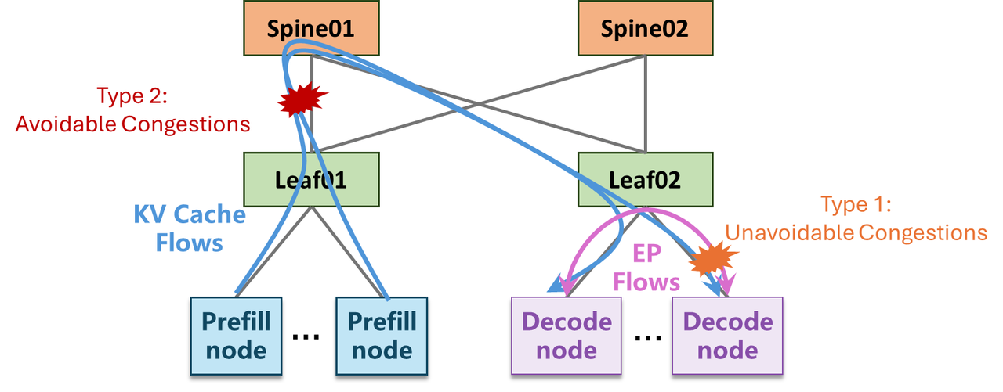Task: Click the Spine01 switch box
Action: point(311,28)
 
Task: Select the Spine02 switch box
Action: point(645,28)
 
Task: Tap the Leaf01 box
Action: point(311,180)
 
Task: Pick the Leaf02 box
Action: point(645,180)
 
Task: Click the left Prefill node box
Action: point(236,336)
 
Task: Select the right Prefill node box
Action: point(382,336)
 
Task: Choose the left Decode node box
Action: point(567,336)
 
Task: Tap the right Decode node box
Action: point(728,336)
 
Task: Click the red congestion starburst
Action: point(301,99)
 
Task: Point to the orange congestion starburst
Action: point(713,258)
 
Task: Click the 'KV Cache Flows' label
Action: point(190,228)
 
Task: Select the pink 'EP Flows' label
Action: point(646,268)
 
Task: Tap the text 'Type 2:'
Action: point(132,95)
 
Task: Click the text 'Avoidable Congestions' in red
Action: point(132,124)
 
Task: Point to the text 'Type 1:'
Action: point(856,205)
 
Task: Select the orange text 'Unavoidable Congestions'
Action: point(856,233)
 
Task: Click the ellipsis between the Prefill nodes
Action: point(306,336)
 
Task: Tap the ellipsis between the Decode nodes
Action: point(648,337)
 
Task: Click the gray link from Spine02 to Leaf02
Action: point(646,104)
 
